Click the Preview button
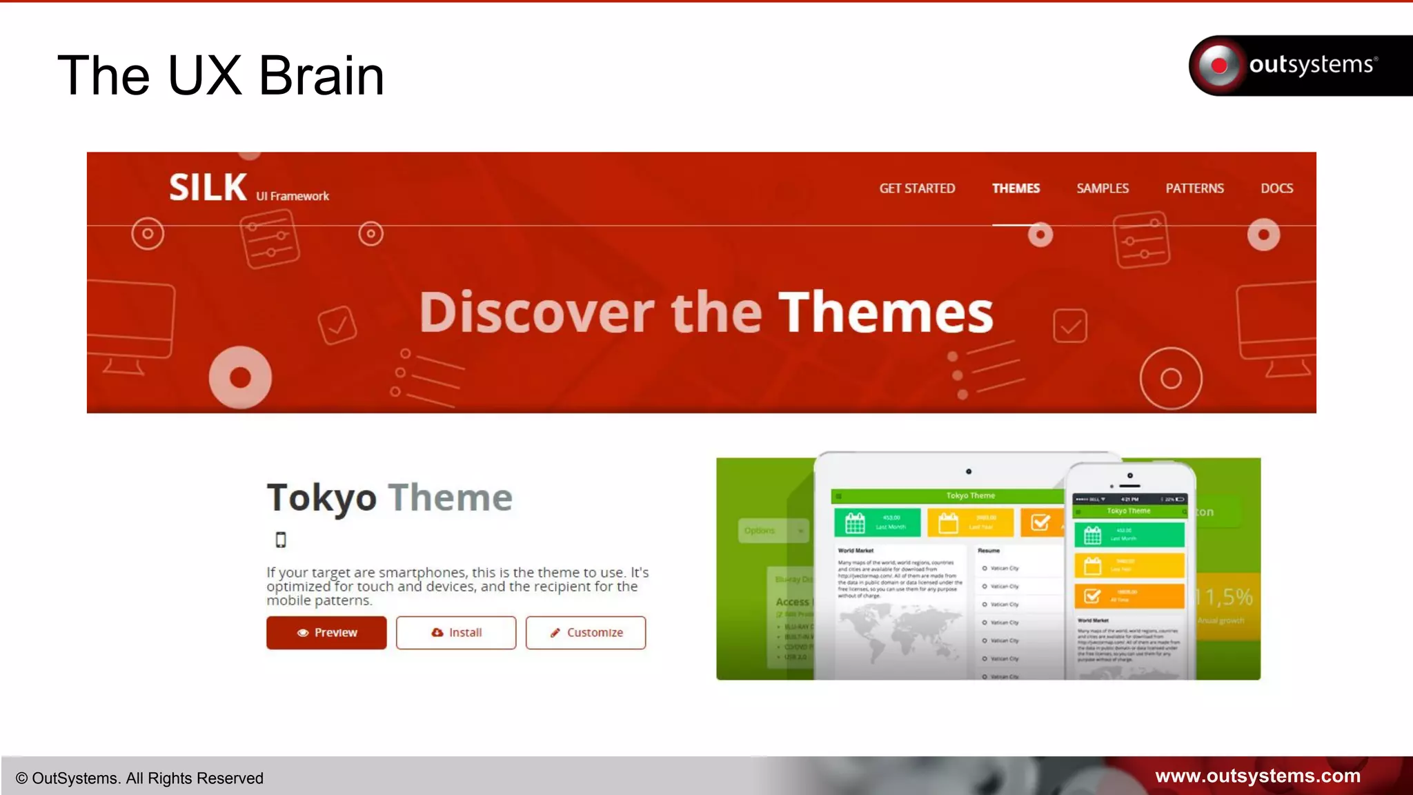point(326,633)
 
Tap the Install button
point(456,633)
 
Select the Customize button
point(586,633)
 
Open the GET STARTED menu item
point(917,188)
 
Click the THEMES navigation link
point(1016,188)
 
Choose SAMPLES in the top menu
point(1103,188)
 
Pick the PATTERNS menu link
point(1194,188)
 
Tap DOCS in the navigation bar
point(1276,188)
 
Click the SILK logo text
point(208,188)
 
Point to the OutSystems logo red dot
point(1219,66)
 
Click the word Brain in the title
point(322,76)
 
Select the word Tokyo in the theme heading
point(322,498)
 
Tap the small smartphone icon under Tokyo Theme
point(281,540)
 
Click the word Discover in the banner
point(536,313)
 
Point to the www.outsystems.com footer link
point(1257,776)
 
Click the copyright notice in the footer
point(139,778)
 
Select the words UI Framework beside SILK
point(293,197)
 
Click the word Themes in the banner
point(885,313)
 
